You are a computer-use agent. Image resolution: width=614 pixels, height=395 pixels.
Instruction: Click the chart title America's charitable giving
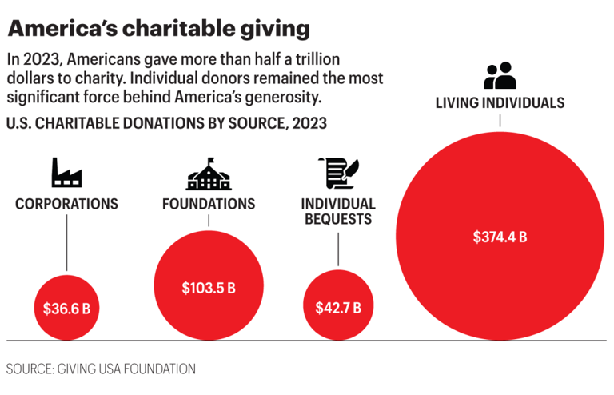(158, 30)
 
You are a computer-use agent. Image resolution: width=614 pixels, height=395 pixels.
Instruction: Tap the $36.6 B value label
(66, 308)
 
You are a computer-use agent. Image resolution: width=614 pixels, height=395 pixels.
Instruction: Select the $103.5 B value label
(209, 287)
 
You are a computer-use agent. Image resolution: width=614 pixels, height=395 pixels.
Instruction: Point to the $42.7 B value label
(338, 307)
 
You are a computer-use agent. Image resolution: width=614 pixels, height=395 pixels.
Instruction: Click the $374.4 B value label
(500, 237)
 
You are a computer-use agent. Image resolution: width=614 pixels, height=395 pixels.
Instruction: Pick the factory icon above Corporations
(66, 172)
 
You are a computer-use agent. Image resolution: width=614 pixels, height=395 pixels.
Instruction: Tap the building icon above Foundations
(209, 173)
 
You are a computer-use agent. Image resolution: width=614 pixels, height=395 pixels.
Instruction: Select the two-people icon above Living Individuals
(500, 76)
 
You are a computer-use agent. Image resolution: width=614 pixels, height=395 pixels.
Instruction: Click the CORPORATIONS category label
(66, 204)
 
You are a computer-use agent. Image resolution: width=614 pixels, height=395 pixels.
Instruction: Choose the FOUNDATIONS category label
(209, 204)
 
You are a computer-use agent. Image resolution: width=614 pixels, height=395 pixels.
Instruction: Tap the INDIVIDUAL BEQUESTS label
(338, 210)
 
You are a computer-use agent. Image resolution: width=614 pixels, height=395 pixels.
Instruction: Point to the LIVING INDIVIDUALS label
(500, 102)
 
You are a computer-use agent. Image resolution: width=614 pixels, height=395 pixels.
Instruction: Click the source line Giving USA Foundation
(101, 369)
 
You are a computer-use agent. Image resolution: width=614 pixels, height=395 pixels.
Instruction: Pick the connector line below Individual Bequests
(338, 247)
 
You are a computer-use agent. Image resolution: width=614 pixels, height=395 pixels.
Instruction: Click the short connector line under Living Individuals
(500, 120)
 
